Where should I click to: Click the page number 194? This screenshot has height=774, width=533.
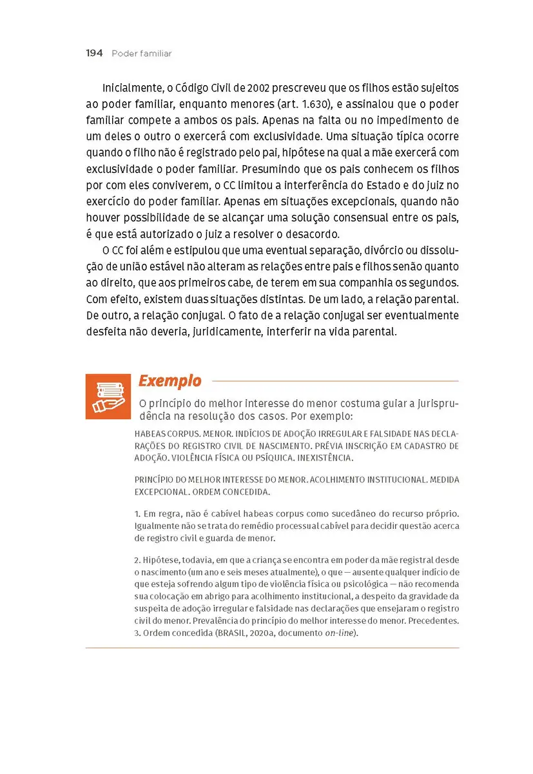(94, 54)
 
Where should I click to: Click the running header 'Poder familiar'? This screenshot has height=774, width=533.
(142, 54)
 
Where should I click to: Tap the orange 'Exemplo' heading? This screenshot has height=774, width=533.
(170, 381)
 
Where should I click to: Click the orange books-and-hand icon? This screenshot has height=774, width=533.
(108, 396)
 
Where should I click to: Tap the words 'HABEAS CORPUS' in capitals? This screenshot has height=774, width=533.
(161, 434)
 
